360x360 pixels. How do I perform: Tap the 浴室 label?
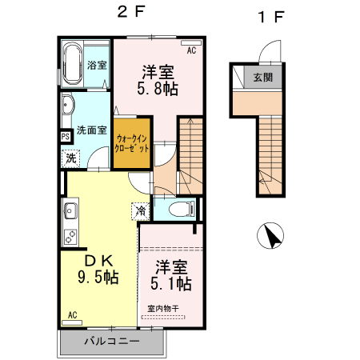[98, 65]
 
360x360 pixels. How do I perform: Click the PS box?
[64, 136]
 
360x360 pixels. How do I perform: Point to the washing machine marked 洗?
[71, 158]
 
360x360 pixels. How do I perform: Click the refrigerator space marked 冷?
[141, 211]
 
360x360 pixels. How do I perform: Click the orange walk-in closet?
[132, 144]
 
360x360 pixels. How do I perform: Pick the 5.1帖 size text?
[170, 283]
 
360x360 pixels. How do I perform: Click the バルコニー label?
[112, 342]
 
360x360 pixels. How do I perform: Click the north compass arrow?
[273, 237]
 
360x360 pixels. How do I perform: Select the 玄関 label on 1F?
[264, 78]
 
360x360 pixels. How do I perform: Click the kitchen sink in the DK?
[69, 213]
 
